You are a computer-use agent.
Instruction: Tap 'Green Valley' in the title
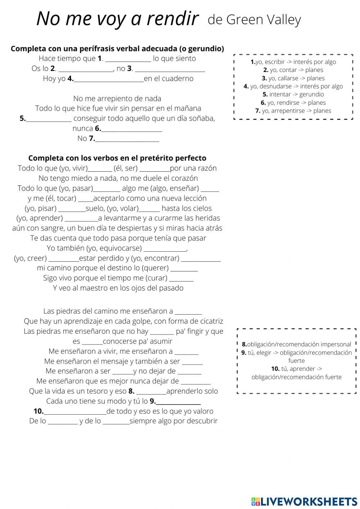point(264,20)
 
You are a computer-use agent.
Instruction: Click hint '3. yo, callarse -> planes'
point(293,78)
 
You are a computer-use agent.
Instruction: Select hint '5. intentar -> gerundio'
point(293,94)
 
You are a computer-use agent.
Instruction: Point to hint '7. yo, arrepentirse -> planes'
point(293,111)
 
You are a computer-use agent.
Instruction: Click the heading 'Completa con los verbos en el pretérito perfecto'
point(117,158)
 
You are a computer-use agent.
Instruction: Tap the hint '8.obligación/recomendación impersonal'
point(296,344)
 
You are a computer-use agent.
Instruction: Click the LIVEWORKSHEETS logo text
point(309,501)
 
